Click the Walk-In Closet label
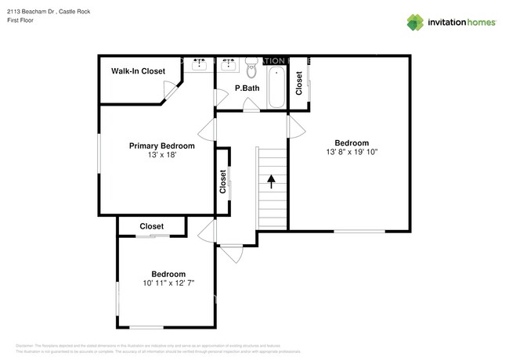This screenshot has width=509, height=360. tap(138, 71)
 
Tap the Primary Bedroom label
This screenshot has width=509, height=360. tap(161, 146)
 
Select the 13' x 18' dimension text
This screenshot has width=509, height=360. tap(161, 156)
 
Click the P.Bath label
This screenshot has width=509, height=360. tap(247, 88)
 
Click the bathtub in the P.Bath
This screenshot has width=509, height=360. tap(276, 87)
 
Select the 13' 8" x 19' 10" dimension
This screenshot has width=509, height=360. tap(352, 153)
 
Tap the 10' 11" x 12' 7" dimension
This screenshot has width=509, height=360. tap(168, 283)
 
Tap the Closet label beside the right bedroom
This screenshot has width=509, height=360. tap(298, 82)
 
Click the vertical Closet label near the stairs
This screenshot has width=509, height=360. tap(223, 182)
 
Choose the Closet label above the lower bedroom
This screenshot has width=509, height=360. tap(151, 226)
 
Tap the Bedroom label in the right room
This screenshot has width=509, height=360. tap(352, 142)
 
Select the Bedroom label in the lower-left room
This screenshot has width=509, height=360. tap(168, 273)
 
